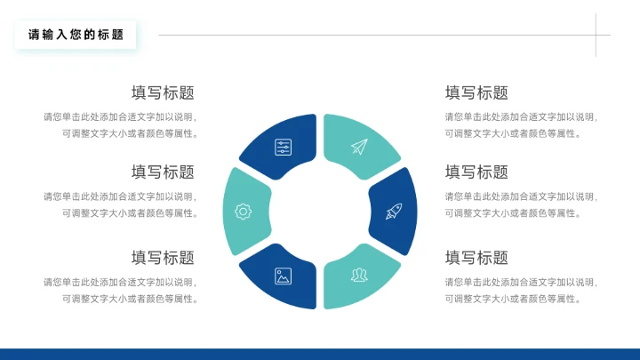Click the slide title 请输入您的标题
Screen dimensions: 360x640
pos(76,36)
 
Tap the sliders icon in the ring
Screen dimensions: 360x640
pos(283,148)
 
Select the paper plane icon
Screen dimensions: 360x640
pos(358,147)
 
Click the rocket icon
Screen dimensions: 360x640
pos(394,212)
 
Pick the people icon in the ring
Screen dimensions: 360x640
pos(358,275)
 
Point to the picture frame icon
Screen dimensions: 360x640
pos(283,276)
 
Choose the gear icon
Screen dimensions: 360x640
pos(243,212)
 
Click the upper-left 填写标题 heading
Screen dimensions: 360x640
pos(163,93)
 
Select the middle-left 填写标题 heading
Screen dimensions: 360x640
pos(163,172)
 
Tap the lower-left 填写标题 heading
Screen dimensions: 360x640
pos(163,258)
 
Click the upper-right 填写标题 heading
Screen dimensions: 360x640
pos(476,93)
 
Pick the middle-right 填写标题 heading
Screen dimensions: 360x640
pos(476,172)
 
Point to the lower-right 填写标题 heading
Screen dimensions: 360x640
pos(476,258)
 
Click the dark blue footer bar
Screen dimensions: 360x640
pos(320,354)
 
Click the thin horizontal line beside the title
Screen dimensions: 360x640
pos(373,36)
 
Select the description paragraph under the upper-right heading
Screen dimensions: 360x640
pos(520,125)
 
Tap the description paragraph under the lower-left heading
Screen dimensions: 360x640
pos(121,291)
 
